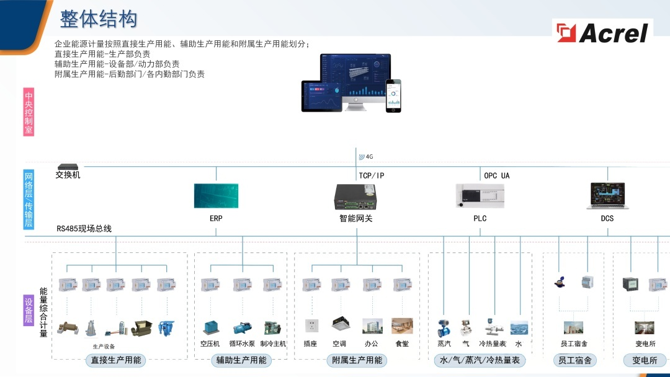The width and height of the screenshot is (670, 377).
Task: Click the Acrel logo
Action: [x=603, y=32]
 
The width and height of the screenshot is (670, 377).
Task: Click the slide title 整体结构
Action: [x=98, y=19]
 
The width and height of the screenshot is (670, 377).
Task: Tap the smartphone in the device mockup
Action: [x=393, y=95]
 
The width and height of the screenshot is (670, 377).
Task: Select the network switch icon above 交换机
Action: [x=66, y=167]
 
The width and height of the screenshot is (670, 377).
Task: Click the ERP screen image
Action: [x=216, y=196]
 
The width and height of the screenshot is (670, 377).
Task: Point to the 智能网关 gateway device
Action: [x=356, y=197]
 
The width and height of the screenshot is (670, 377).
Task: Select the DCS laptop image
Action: [x=607, y=195]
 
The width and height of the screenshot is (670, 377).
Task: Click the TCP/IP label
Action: [x=372, y=175]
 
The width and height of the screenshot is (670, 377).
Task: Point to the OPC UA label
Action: [x=496, y=175]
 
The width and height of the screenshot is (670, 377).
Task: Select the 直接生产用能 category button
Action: [x=116, y=360]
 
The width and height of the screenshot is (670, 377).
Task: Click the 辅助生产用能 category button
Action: [x=241, y=360]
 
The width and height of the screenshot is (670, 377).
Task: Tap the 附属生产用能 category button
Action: [x=357, y=360]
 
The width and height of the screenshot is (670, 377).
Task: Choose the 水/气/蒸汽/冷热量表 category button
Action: [x=480, y=360]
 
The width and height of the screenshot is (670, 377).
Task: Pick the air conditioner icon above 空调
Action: [x=339, y=324]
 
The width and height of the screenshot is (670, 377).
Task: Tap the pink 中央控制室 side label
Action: [x=29, y=112]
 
